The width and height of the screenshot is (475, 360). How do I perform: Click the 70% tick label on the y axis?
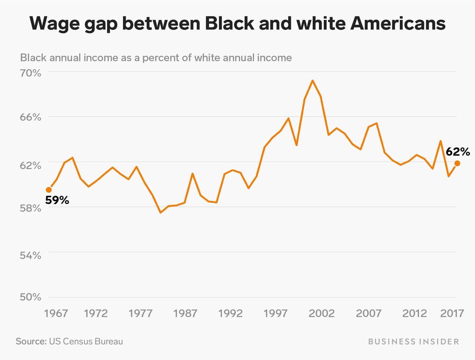[30, 73]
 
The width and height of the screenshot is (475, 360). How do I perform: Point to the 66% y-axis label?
[30, 117]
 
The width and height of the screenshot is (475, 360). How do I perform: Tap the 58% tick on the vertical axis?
[30, 208]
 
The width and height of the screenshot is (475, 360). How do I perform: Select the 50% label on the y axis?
[30, 297]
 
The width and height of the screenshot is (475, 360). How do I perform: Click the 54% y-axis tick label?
[30, 255]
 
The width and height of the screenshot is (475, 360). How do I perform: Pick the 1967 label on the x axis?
[56, 313]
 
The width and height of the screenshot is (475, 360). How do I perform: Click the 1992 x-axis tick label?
[231, 313]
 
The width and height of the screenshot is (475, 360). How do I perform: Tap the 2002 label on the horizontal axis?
[322, 313]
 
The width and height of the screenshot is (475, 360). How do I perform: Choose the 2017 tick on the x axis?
[452, 313]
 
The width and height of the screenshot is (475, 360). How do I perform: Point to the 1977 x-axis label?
[141, 313]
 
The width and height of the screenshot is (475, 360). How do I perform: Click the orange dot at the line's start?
[49, 190]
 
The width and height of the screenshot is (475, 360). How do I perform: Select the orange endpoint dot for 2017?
[457, 164]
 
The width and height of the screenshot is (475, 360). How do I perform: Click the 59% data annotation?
[57, 200]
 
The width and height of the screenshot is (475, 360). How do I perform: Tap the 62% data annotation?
[457, 152]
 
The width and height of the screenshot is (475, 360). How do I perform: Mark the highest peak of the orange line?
[312, 81]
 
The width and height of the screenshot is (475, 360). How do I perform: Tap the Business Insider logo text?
[413, 342]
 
